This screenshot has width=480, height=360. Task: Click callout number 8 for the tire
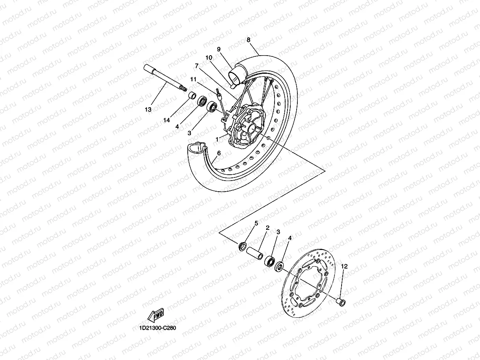point(248,40)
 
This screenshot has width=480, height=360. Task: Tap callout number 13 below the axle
point(148,110)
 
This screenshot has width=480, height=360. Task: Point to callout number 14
point(167,120)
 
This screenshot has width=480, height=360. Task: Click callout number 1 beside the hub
point(217,139)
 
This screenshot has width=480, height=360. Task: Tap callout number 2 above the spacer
point(267,228)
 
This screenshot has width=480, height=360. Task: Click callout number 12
point(344,267)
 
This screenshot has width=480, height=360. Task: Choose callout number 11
point(193,79)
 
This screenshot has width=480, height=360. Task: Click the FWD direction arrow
point(155,315)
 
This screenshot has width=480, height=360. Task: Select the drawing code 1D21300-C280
point(157,328)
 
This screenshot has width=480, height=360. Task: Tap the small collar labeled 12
point(340,302)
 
